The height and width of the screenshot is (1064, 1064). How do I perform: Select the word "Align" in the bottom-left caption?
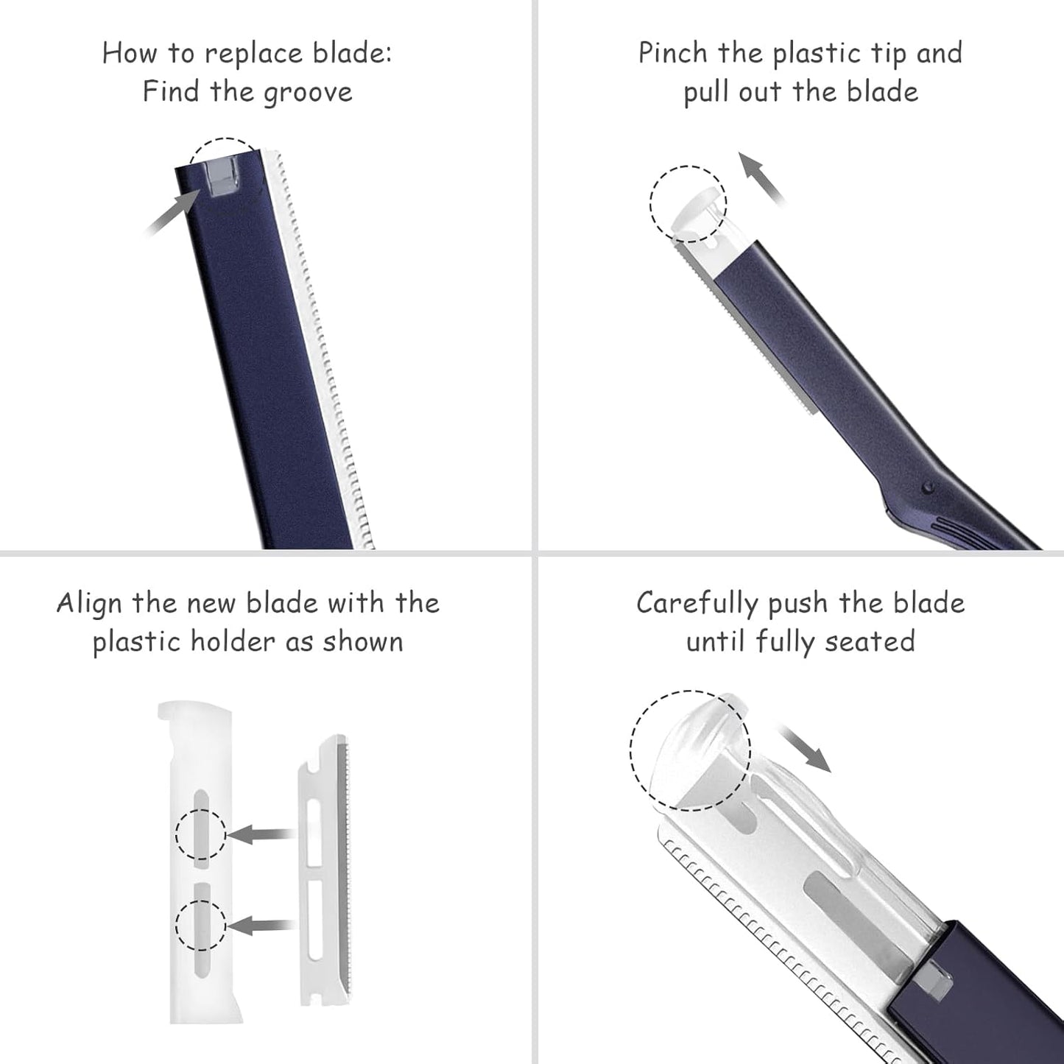[x=89, y=603]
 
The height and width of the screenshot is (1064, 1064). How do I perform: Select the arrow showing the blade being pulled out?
[x=761, y=177]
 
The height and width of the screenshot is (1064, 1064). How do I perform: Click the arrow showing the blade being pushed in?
[x=806, y=748]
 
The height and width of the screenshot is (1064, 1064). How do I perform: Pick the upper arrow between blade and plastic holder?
[x=262, y=834]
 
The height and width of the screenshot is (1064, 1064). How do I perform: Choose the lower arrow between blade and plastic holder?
[x=262, y=925]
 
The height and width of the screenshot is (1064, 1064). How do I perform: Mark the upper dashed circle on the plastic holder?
[x=200, y=834]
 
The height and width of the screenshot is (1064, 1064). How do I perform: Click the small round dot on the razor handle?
[x=929, y=486]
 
